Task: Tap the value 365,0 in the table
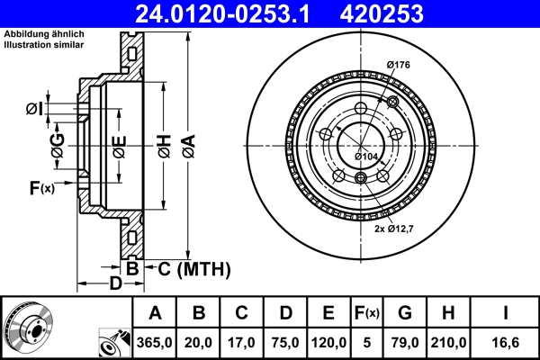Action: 155,343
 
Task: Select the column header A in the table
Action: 155,314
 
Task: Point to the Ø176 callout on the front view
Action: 398,64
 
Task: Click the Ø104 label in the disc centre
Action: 365,157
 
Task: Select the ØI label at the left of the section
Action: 32,109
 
